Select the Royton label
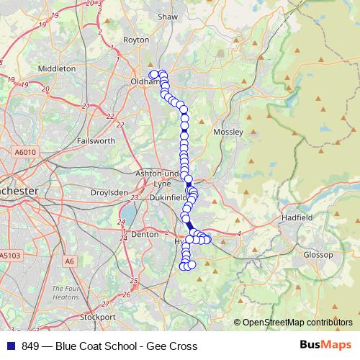click(135, 41)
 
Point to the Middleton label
click(56, 68)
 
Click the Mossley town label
click(229, 132)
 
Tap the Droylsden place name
click(109, 193)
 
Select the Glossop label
click(318, 255)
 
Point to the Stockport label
click(97, 317)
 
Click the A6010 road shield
click(24, 152)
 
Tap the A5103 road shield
click(10, 256)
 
